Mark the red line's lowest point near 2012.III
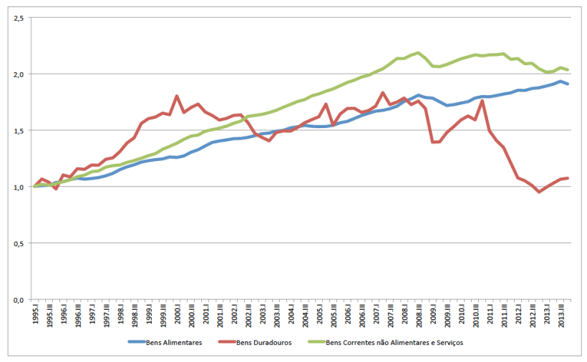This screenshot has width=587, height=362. pos(539,192)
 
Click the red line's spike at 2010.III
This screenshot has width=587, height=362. pos(482,100)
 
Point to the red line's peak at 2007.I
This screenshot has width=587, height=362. pos(383,93)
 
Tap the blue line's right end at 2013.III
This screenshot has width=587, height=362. pos(568,84)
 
